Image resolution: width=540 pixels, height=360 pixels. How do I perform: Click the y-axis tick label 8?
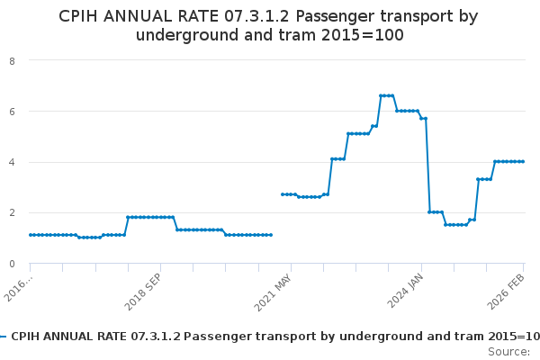[13, 61]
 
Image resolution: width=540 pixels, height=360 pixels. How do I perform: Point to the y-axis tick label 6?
[13, 112]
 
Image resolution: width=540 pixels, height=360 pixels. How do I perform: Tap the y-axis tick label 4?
[13, 162]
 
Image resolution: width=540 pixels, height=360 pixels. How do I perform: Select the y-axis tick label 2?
[13, 213]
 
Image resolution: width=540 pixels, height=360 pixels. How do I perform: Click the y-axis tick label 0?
[13, 264]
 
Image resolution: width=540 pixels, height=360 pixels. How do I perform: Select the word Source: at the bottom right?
[508, 351]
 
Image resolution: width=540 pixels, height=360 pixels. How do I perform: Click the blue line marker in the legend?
[4, 337]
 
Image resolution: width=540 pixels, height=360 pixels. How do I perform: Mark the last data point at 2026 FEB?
[522, 162]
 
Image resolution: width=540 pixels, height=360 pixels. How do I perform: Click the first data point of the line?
[31, 235]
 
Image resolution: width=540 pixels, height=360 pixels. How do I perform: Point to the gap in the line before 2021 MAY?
[276, 216]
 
